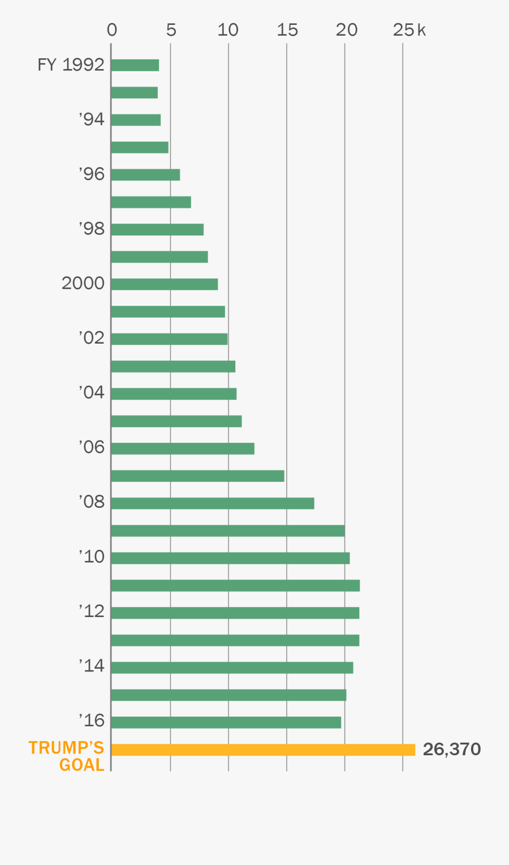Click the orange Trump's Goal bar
click(263, 750)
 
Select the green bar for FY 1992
click(135, 65)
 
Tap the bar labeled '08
click(213, 503)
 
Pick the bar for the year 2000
click(165, 284)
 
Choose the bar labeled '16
click(226, 722)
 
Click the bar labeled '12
click(235, 613)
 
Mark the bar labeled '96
click(145, 175)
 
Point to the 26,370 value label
click(452, 749)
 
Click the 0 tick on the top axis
click(112, 30)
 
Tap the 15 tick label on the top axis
click(287, 30)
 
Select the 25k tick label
click(409, 30)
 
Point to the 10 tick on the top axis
click(228, 30)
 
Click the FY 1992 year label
click(71, 65)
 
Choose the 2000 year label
click(83, 283)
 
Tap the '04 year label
click(92, 392)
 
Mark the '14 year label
click(92, 666)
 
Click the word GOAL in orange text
click(81, 765)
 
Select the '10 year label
click(92, 556)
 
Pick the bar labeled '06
click(183, 448)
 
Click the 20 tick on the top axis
click(346, 30)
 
